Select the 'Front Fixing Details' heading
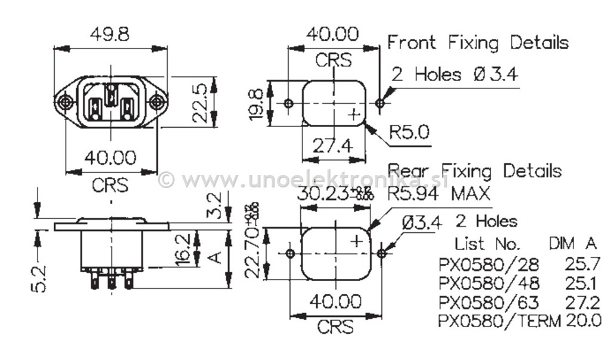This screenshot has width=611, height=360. [478, 42]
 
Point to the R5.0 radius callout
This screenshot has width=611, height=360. [409, 132]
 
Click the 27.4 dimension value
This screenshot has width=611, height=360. [333, 146]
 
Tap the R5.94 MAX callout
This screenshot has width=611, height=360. [439, 193]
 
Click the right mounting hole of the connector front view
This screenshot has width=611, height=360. [156, 103]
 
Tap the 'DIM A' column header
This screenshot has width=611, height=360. [572, 244]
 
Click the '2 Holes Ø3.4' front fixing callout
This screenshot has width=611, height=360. [455, 75]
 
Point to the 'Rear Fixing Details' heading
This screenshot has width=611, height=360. [474, 171]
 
